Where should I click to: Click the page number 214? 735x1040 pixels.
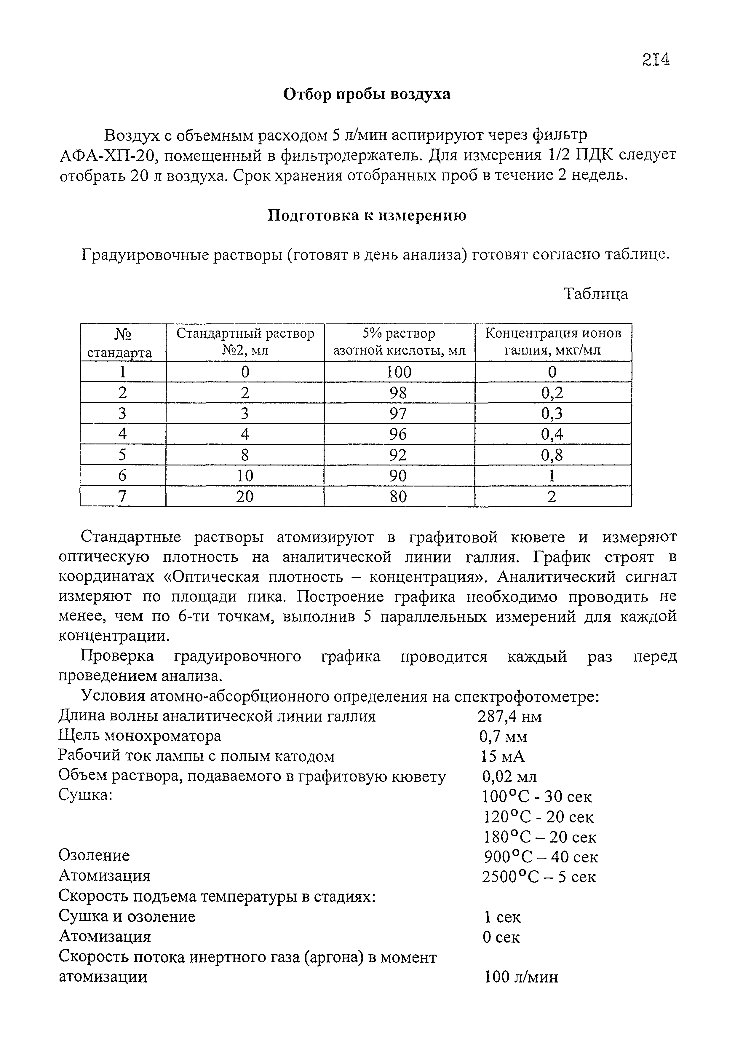[x=655, y=59]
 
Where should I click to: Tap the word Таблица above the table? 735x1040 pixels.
[x=595, y=294]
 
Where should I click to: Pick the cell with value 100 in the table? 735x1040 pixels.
[x=399, y=372]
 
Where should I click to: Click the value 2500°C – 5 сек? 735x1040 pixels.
[x=539, y=877]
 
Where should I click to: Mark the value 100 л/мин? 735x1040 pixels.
[x=521, y=977]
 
